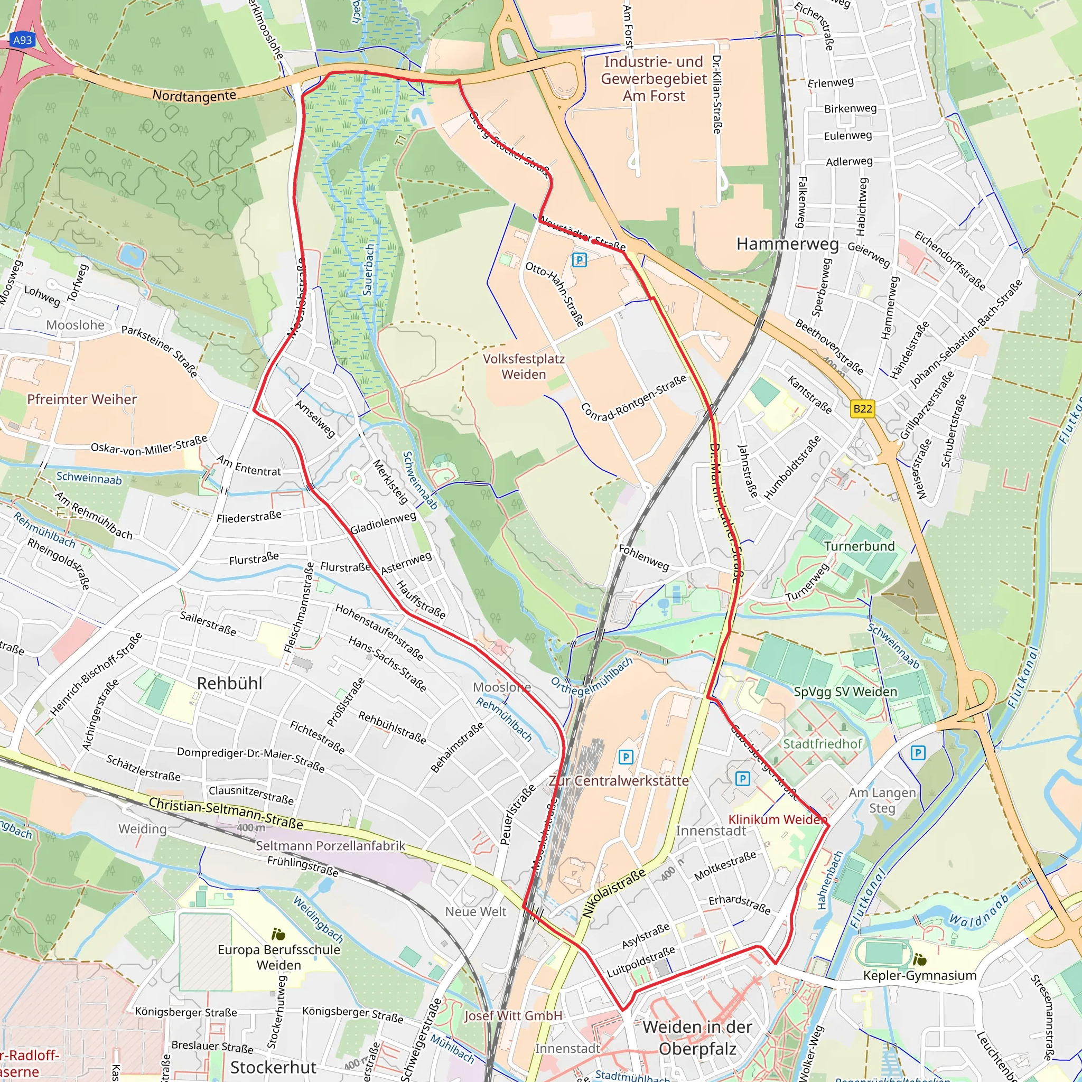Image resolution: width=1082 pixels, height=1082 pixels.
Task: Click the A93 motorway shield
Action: (22, 40)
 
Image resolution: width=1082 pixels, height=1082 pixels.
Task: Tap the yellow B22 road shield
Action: (862, 408)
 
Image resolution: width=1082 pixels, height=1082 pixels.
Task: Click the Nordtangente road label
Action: (194, 96)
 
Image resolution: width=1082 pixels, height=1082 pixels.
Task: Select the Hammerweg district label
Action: (787, 244)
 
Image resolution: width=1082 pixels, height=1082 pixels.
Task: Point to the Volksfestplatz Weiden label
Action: (524, 367)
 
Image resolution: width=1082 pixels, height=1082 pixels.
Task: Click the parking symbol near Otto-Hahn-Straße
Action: (579, 260)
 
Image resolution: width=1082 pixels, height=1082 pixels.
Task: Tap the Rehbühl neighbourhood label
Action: (230, 683)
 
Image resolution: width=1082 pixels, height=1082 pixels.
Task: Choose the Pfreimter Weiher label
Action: (82, 399)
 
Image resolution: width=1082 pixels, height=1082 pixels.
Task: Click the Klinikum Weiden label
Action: (778, 819)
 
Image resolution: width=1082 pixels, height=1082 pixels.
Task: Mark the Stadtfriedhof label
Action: (822, 744)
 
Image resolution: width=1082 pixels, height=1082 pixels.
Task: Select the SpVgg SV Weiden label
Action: (845, 692)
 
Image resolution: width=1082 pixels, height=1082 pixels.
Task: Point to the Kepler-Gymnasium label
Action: (920, 976)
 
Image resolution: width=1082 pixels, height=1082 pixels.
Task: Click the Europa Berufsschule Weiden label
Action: (279, 957)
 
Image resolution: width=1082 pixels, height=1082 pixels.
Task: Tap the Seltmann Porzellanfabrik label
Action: (330, 846)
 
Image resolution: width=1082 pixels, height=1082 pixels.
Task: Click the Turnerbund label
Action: (859, 546)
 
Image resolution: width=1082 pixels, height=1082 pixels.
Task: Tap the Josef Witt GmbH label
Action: (513, 1016)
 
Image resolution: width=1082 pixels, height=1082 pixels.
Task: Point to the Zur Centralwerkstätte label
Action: (618, 781)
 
